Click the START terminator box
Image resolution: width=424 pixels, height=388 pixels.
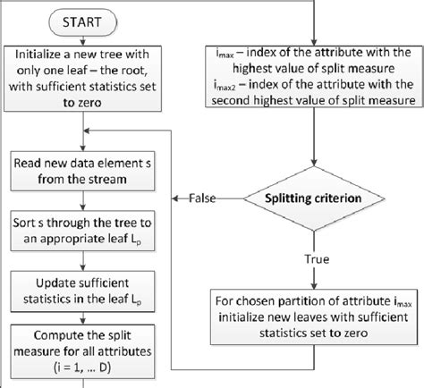81,20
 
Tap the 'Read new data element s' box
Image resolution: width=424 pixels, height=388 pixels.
82,168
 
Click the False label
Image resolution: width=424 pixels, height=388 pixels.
205,198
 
